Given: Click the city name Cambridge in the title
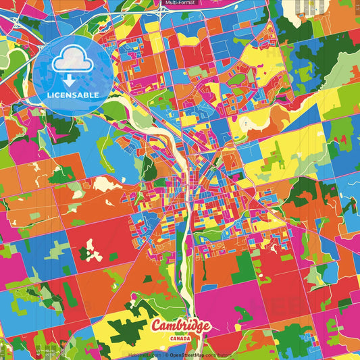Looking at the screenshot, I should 180,327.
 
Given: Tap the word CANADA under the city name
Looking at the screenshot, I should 180,339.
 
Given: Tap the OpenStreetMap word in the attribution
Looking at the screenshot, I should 190,353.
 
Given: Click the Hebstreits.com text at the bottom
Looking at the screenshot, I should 144,353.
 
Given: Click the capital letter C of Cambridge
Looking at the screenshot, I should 157,327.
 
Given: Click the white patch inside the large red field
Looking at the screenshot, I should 95,254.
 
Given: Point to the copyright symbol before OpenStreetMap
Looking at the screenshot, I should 170,353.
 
